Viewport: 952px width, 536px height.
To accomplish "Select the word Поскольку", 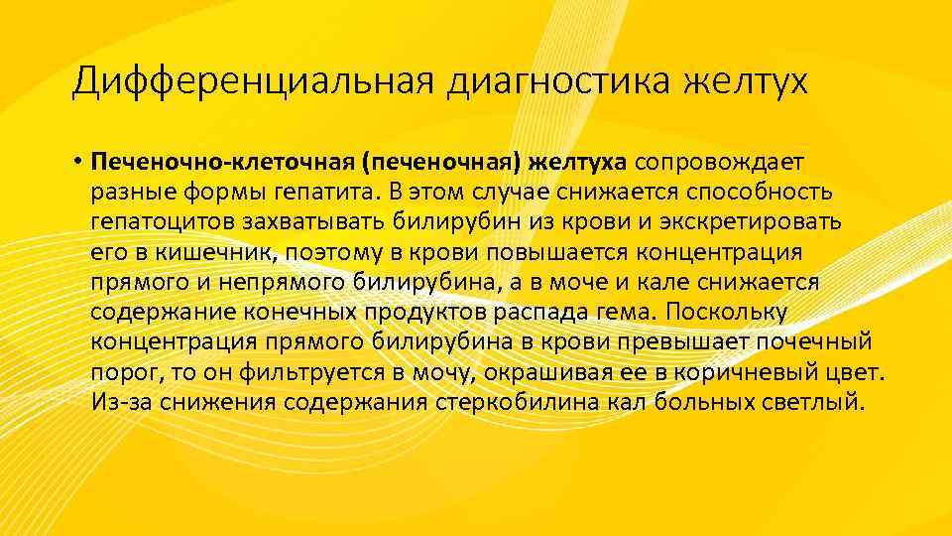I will click(x=726, y=312).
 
